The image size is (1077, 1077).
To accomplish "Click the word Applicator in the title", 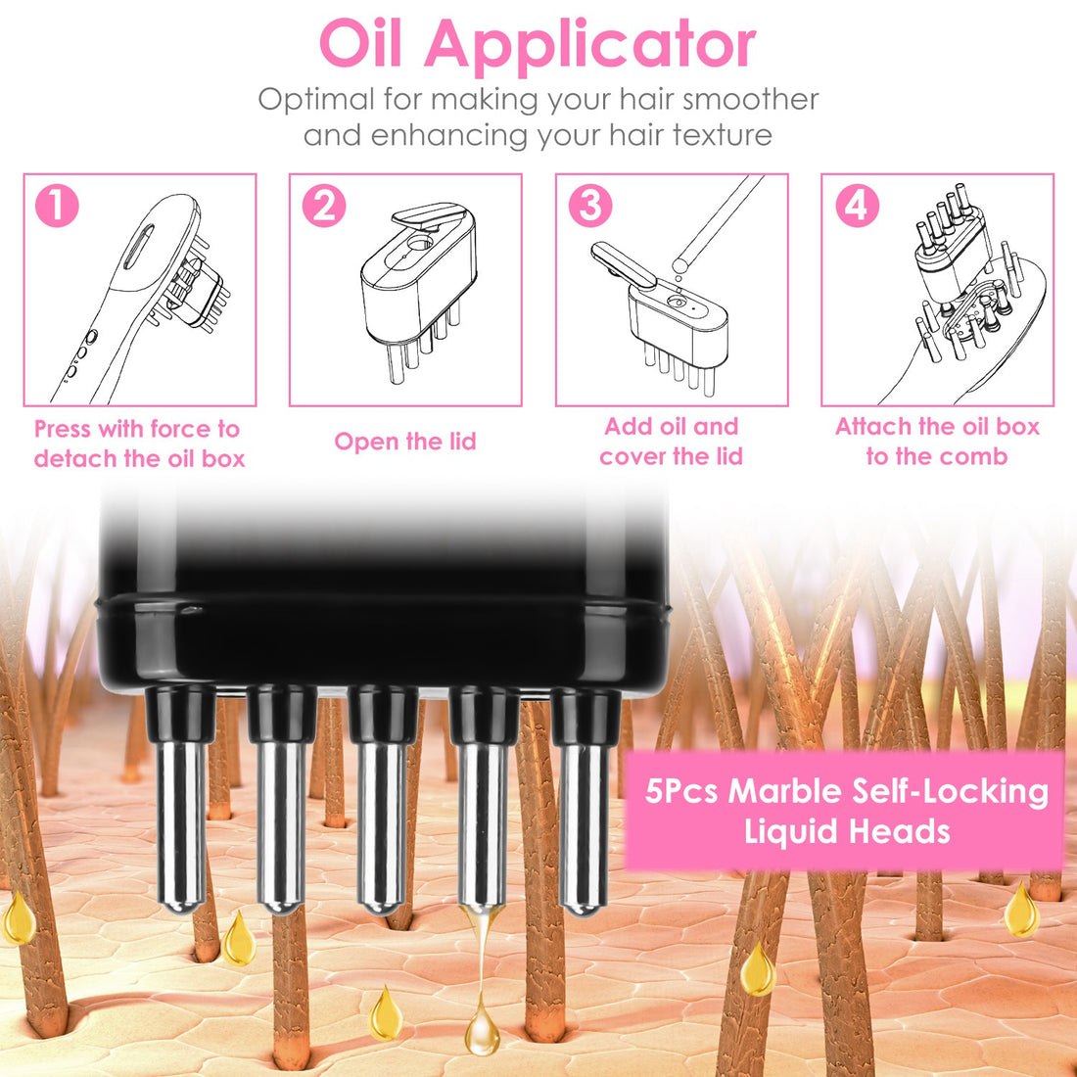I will (x=589, y=44).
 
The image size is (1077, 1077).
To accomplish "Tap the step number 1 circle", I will (x=57, y=206).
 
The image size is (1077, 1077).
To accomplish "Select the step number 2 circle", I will (x=323, y=206).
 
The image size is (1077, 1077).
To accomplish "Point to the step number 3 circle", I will (x=589, y=206).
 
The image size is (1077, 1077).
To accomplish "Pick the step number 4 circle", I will (x=856, y=206).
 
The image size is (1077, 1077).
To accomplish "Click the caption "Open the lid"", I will (x=405, y=442).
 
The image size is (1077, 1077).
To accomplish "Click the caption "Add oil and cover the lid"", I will (x=672, y=442).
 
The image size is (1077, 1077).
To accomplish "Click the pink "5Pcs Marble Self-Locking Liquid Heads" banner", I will (x=845, y=811).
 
